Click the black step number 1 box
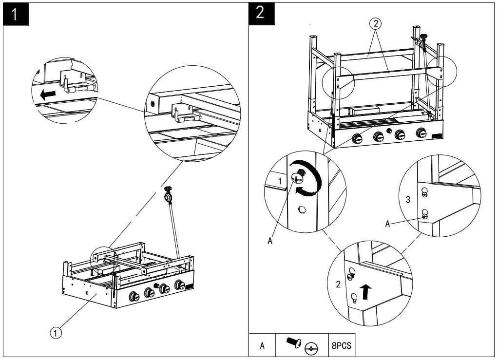click(x=16, y=14)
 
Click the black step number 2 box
click(x=261, y=13)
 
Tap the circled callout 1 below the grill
click(x=56, y=333)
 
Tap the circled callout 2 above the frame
click(x=376, y=23)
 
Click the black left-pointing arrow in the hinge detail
click(x=48, y=95)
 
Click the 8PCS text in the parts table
click(x=342, y=345)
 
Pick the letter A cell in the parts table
click(x=262, y=345)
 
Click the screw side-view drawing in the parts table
click(x=294, y=342)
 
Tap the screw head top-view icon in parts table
click(x=311, y=349)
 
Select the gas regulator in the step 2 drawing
click(x=423, y=40)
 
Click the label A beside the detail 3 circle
click(x=387, y=224)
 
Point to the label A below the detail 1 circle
click(x=270, y=241)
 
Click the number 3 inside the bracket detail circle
click(x=408, y=200)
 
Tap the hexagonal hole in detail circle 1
click(x=302, y=209)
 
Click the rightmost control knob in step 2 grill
click(x=421, y=133)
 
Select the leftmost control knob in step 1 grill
click(x=134, y=297)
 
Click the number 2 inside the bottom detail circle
click(x=338, y=284)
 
